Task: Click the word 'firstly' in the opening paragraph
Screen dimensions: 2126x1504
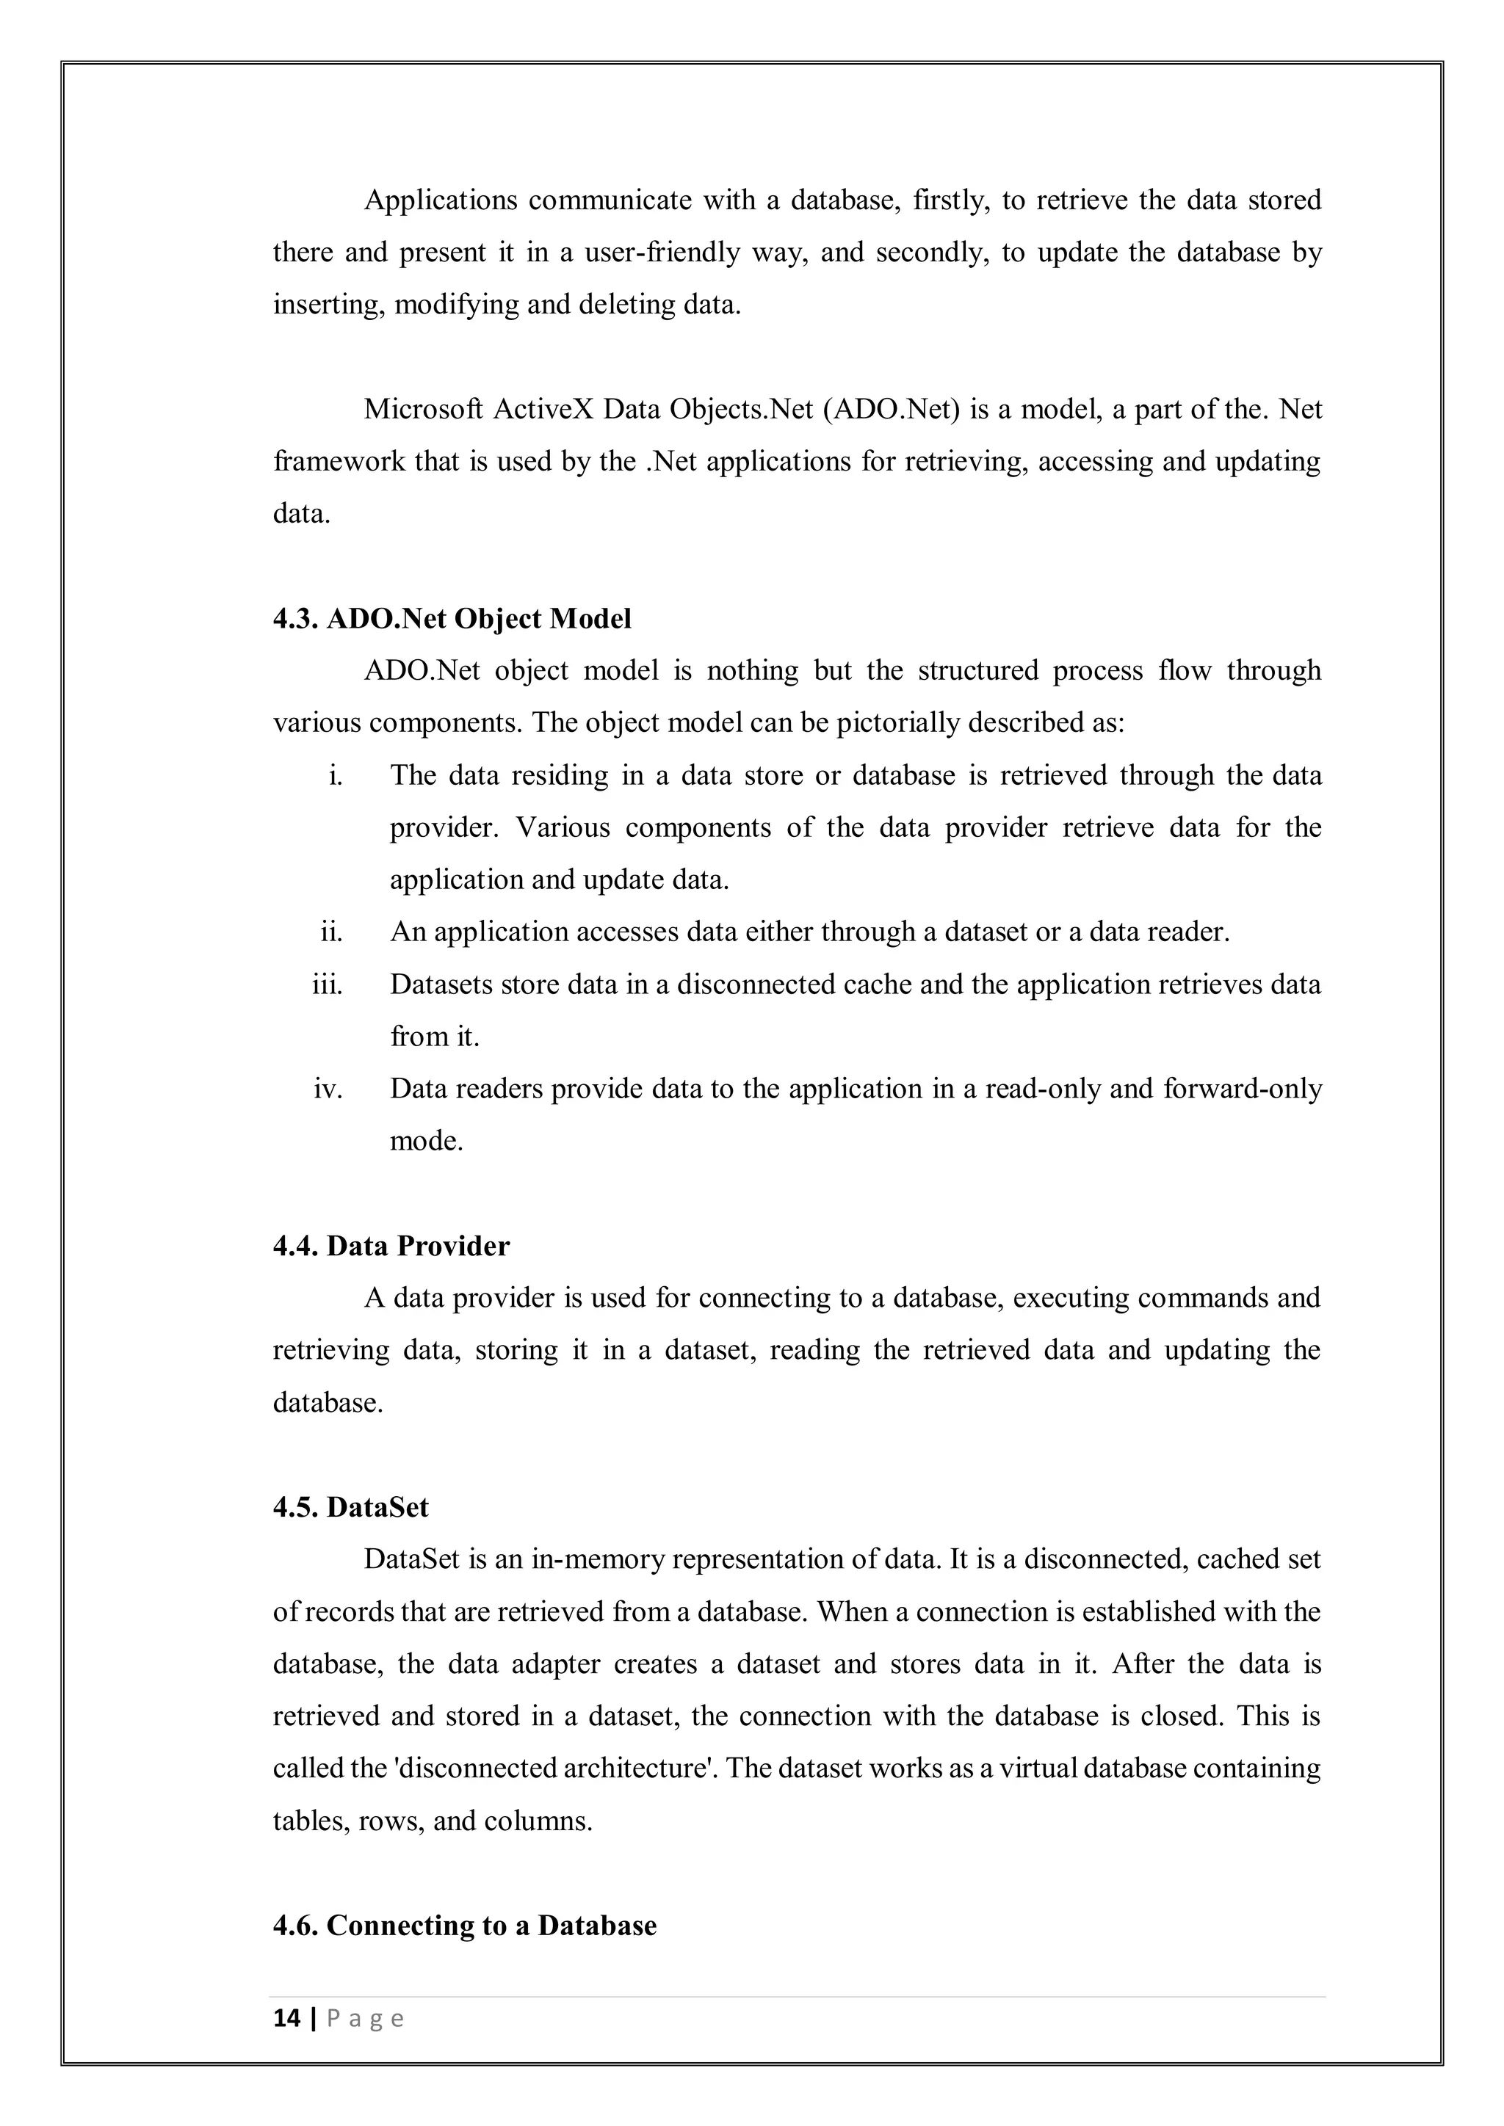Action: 952,200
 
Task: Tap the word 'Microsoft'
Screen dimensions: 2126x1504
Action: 423,410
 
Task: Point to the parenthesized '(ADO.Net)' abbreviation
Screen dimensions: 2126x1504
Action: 889,410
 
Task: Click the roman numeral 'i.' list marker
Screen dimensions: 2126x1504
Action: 336,775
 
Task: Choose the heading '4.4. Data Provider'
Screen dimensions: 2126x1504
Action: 391,1247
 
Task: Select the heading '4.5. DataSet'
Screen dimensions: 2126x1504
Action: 350,1507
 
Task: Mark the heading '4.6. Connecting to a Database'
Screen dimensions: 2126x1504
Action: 464,1926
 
